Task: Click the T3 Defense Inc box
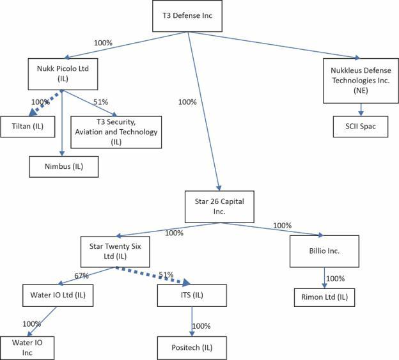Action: (187, 16)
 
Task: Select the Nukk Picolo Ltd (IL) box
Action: (63, 74)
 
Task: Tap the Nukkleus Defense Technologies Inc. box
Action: (361, 81)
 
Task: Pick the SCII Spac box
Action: (361, 127)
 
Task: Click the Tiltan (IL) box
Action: (27, 127)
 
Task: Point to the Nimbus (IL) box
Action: (64, 167)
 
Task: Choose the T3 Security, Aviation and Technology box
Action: (116, 132)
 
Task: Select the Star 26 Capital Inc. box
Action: (219, 207)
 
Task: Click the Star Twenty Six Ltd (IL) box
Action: (115, 252)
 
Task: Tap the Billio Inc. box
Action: (324, 251)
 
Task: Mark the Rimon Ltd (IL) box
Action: (324, 297)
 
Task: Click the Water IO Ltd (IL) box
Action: (58, 295)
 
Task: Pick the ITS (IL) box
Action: (192, 295)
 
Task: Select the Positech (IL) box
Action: (192, 348)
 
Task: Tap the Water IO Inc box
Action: (27, 348)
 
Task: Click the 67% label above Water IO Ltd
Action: (81, 276)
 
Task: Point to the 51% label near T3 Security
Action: (100, 102)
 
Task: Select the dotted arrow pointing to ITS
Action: (153, 276)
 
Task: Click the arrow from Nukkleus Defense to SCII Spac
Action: (361, 109)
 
